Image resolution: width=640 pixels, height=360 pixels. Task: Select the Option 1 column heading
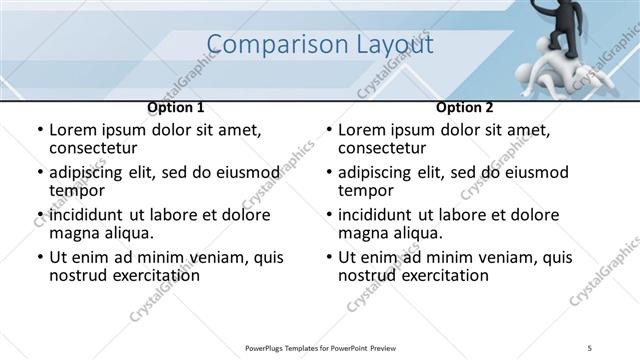(175, 107)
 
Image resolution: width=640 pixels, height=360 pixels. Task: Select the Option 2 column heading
(464, 107)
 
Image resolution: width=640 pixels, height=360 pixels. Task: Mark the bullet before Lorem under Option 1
(39, 130)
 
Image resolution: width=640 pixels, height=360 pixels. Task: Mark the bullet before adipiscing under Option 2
(328, 173)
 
